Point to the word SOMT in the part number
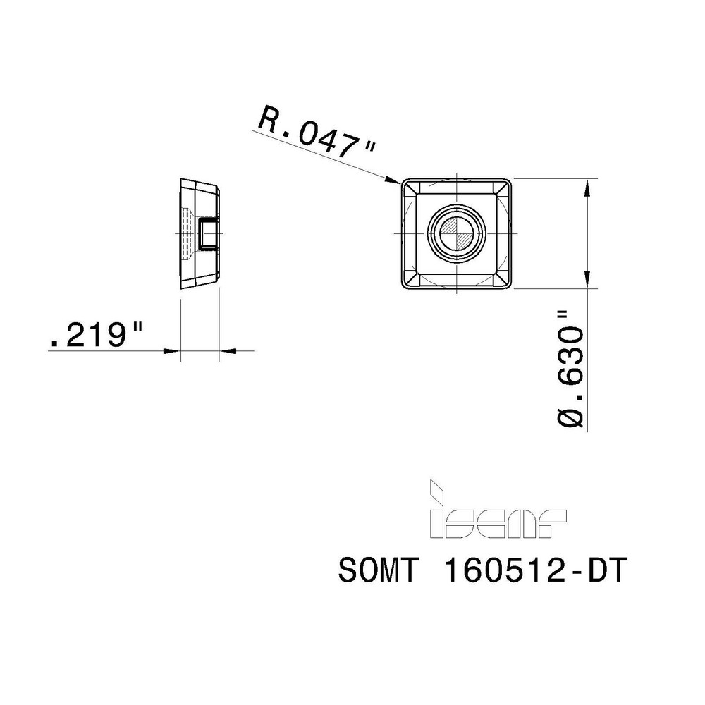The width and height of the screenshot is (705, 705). point(379,572)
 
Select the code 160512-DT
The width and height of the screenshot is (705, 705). point(533,572)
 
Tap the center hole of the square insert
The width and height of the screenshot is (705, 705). point(457,233)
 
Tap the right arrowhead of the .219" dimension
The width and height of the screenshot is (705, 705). point(227,350)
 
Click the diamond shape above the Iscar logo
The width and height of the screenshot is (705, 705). point(437,489)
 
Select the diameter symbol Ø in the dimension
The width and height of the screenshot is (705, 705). point(572,416)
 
